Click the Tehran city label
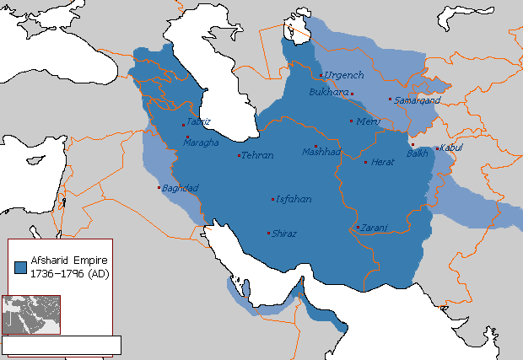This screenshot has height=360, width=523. [x=258, y=156]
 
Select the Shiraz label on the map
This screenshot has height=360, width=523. [x=284, y=234]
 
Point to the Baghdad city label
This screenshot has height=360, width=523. [x=181, y=188]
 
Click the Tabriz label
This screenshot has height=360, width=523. [x=198, y=121]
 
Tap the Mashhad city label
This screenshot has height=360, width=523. [x=321, y=153]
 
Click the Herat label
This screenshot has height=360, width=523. [x=383, y=162]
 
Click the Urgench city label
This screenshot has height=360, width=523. [x=344, y=76]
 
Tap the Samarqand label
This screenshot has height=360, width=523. [x=415, y=100]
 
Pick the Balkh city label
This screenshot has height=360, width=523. [x=418, y=153]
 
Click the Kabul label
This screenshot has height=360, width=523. [x=451, y=148]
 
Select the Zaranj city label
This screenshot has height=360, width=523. [x=374, y=228]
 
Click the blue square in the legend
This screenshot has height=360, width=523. [x=20, y=267]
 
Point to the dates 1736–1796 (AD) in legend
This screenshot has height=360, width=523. [x=69, y=274]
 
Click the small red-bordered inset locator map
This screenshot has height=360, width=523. [x=31, y=314]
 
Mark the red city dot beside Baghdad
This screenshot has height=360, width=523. [x=158, y=188]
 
